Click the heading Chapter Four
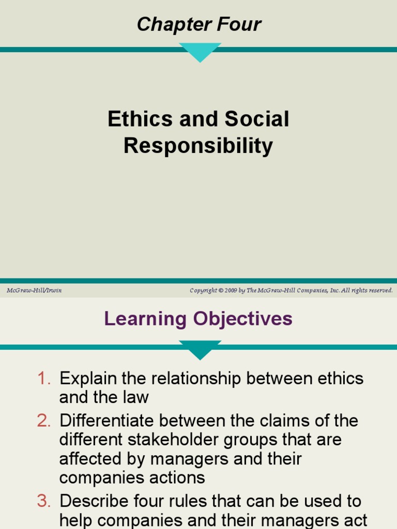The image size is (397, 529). (198, 24)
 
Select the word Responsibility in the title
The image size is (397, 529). (198, 146)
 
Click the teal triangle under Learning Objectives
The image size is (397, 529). (200, 349)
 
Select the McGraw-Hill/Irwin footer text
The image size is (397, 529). (34, 290)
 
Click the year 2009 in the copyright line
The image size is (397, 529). (231, 290)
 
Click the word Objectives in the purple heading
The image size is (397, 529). (243, 319)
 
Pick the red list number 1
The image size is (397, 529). (44, 379)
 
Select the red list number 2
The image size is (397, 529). (44, 421)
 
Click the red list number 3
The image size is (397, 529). (44, 501)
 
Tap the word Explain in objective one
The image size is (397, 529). (88, 379)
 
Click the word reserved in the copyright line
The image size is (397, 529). (379, 290)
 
